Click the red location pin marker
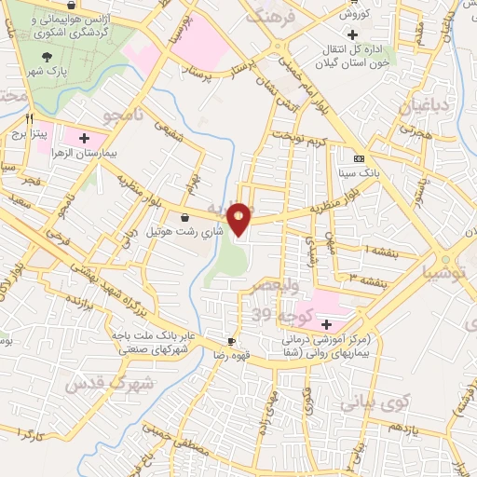click(240, 218)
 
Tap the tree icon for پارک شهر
click(47, 58)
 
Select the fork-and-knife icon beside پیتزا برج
click(30, 118)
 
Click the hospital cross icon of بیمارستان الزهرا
click(86, 136)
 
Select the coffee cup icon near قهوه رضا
click(231, 341)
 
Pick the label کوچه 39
click(272, 317)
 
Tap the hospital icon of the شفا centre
click(326, 324)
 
